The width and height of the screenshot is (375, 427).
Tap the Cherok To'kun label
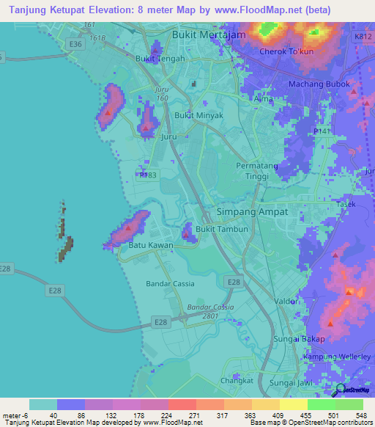click(x=287, y=52)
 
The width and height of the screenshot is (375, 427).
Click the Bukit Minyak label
click(x=198, y=116)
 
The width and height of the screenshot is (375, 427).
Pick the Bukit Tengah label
click(x=159, y=58)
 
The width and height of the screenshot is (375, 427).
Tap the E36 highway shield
click(x=73, y=44)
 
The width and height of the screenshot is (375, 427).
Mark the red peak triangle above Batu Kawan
click(x=129, y=227)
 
